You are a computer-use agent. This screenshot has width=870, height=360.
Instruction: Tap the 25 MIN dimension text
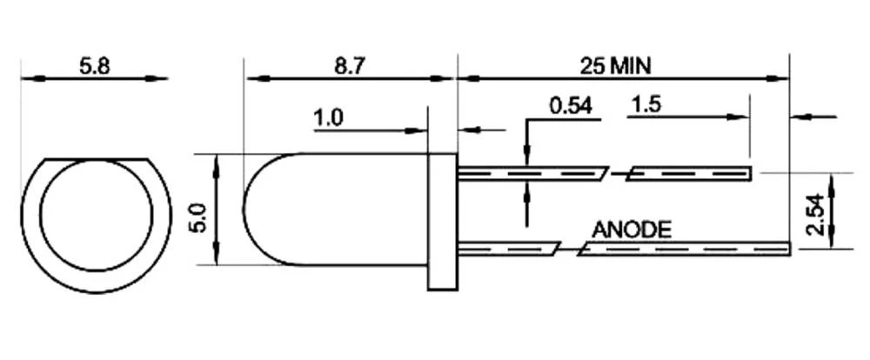click(x=617, y=65)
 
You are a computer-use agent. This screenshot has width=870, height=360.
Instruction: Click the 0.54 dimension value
click(x=571, y=106)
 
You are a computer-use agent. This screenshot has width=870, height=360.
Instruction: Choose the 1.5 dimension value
click(x=646, y=106)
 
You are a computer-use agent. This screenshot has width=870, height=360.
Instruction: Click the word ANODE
click(x=632, y=230)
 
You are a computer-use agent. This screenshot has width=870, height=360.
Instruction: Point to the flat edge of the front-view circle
click(x=95, y=160)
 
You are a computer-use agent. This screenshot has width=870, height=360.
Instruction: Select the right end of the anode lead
click(x=786, y=250)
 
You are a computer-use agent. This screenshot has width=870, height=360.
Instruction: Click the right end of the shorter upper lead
click(x=749, y=174)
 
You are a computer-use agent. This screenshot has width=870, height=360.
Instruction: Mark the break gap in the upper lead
click(x=616, y=174)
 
